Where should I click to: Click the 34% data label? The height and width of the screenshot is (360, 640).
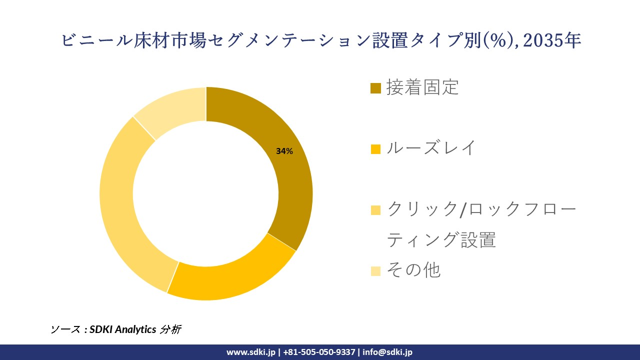[284, 151]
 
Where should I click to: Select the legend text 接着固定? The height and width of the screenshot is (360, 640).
[422, 87]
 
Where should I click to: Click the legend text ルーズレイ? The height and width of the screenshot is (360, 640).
[431, 148]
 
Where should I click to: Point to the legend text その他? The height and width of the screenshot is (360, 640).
[413, 270]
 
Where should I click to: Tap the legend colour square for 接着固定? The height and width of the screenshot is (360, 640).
[375, 88]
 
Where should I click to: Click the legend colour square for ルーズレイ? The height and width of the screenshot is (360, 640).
[375, 149]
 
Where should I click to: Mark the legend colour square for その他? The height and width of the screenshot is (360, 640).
[375, 271]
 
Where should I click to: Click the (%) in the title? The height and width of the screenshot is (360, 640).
[500, 40]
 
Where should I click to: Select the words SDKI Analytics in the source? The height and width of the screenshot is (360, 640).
[122, 329]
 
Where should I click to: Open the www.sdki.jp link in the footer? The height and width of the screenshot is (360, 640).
[250, 352]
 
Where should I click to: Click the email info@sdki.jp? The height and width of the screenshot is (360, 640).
[387, 352]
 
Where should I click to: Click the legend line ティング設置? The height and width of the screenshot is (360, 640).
[441, 240]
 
